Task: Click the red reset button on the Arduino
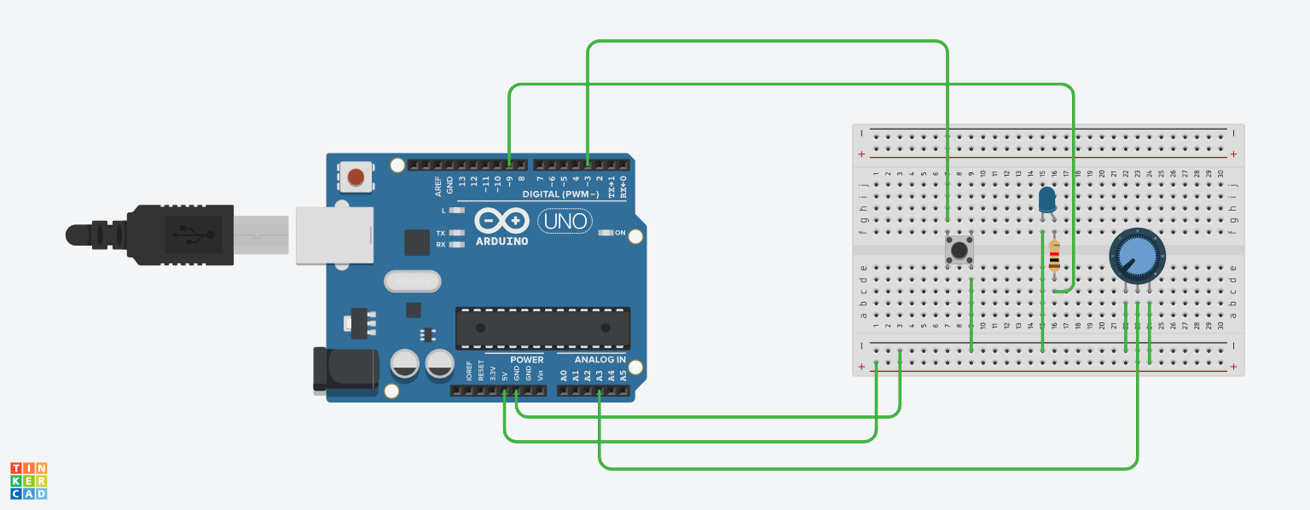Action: pyautogui.click(x=356, y=177)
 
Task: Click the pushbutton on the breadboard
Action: pyautogui.click(x=959, y=250)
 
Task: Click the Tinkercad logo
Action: pyautogui.click(x=29, y=481)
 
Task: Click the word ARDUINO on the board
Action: pyautogui.click(x=501, y=241)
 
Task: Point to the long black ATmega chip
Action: pyautogui.click(x=542, y=327)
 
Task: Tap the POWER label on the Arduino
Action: pyautogui.click(x=527, y=360)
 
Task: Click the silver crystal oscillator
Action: pyautogui.click(x=413, y=281)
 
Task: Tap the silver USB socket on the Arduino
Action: pyautogui.click(x=334, y=235)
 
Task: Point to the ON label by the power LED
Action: pyautogui.click(x=620, y=233)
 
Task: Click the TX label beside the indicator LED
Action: pyautogui.click(x=441, y=233)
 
